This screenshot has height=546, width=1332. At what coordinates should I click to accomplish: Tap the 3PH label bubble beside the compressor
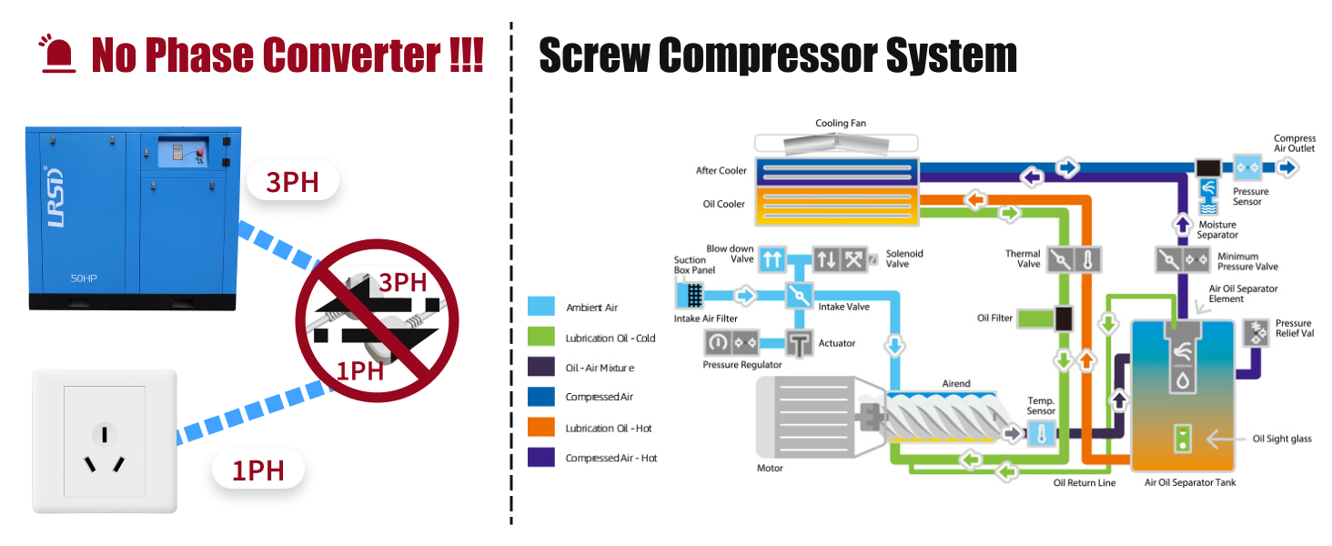point(292,182)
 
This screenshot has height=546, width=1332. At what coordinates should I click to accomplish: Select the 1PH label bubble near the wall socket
point(257,470)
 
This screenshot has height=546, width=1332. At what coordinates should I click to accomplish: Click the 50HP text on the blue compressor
point(84,278)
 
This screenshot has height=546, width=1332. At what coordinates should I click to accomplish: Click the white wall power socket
point(105,440)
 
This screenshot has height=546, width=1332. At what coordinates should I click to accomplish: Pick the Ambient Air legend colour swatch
point(540,307)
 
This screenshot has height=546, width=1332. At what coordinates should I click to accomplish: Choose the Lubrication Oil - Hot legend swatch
point(540,427)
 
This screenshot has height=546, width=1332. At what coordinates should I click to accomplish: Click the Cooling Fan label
point(840,124)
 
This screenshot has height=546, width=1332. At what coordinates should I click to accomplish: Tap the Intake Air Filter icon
point(691,295)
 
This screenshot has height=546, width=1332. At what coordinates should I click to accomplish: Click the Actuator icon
point(800,343)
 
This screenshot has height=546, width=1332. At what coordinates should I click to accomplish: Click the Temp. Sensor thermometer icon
point(1041,434)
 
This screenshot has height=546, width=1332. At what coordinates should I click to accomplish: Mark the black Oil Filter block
point(1062,318)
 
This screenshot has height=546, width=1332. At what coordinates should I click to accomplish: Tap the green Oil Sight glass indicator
point(1182,439)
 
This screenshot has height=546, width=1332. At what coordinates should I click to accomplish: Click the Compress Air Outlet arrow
point(1287,167)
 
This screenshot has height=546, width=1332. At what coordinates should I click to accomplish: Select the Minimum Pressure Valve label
point(1247,261)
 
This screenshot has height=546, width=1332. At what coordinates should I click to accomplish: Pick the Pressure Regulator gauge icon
point(720,343)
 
